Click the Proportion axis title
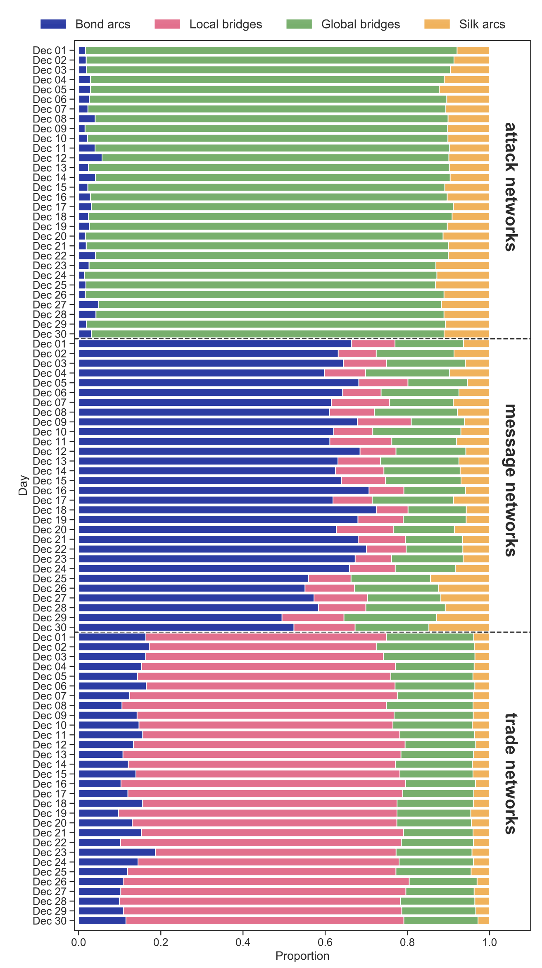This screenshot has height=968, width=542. click(302, 956)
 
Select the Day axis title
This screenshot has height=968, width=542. click(23, 485)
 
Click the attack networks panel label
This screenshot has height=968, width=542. click(511, 187)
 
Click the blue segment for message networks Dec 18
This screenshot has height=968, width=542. click(227, 510)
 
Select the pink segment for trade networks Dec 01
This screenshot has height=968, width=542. click(266, 637)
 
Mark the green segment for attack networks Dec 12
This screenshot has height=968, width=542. click(275, 158)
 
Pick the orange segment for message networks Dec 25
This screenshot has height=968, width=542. click(459, 578)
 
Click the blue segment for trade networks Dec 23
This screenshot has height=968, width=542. click(117, 852)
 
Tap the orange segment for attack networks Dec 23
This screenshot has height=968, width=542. click(463, 266)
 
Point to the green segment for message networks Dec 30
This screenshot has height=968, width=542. click(392, 627)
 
